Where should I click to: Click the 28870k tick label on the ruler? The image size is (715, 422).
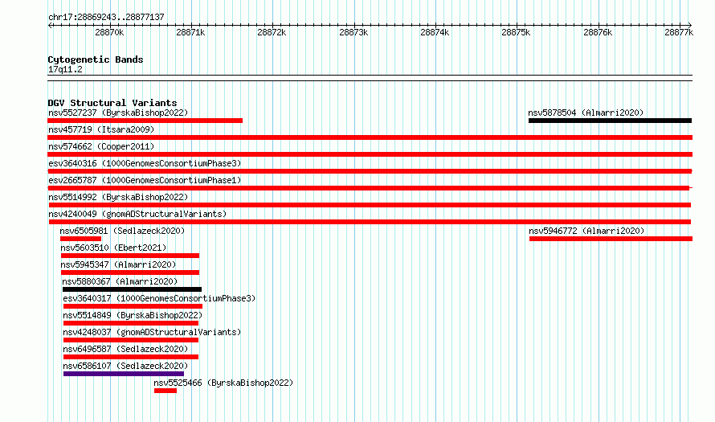[x=109, y=32]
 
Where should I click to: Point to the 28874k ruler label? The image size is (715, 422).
[x=435, y=32]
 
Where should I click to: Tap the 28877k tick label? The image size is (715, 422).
[x=679, y=32]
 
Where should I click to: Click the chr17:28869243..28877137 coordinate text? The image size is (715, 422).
[x=106, y=17]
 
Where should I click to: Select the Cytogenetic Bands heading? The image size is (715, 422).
[x=96, y=59]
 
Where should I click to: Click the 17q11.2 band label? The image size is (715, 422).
[x=65, y=69]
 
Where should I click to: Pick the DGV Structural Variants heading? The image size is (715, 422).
[x=112, y=103]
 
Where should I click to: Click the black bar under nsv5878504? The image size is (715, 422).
[x=610, y=121]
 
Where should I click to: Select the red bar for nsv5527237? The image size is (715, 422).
[x=145, y=121]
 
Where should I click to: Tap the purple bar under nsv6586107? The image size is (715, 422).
[x=124, y=374]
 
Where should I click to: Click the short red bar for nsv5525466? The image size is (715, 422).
[x=165, y=391]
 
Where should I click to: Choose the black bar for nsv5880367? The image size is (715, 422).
[x=132, y=289]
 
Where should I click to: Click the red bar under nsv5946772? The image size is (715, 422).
[x=611, y=239]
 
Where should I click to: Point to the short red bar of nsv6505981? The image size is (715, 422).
[x=80, y=239]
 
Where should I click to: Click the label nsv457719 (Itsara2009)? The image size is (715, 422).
[x=101, y=129]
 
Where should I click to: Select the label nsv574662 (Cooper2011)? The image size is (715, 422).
[x=101, y=146]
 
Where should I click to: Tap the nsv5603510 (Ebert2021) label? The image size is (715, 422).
[x=113, y=248]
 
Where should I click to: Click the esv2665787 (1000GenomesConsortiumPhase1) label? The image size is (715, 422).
[x=145, y=180]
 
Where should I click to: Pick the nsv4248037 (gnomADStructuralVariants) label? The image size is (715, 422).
[x=152, y=332]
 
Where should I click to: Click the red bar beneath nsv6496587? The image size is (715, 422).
[x=131, y=357]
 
